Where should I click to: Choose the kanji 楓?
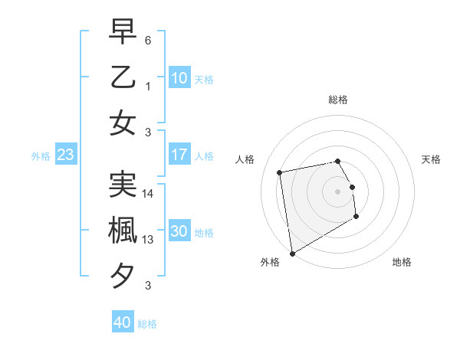pyautogui.click(x=123, y=230)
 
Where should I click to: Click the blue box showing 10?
pyautogui.click(x=179, y=77)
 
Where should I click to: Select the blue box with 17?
pyautogui.click(x=179, y=155)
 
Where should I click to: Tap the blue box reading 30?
pyautogui.click(x=179, y=231)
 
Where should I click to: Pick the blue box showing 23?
pyautogui.click(x=65, y=155)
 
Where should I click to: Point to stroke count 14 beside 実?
pyautogui.click(x=148, y=194)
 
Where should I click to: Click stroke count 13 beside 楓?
pyautogui.click(x=148, y=240)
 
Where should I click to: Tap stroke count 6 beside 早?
pyautogui.click(x=148, y=40)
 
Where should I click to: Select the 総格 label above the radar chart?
pyautogui.click(x=337, y=100)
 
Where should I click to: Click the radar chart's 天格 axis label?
pyautogui.click(x=432, y=159)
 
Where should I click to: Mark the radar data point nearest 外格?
pyautogui.click(x=292, y=253)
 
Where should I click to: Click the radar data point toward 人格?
pyautogui.click(x=280, y=172)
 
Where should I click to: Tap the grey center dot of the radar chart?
pyautogui.click(x=337, y=191)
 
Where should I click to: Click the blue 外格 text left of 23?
pyautogui.click(x=41, y=155)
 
